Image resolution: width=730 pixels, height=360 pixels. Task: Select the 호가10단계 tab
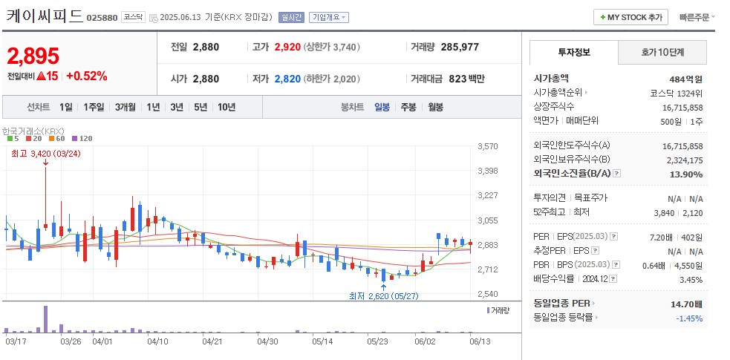click(x=662, y=53)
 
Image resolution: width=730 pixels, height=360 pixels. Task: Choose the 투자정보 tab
click(x=573, y=53)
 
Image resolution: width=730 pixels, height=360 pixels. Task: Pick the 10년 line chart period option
click(x=227, y=107)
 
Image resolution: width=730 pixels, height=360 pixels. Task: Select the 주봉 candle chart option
click(x=408, y=107)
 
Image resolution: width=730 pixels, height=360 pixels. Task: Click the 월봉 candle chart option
click(x=435, y=107)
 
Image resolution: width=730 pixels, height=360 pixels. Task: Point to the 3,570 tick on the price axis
click(x=488, y=146)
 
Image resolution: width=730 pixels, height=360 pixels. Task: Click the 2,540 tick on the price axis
click(x=488, y=294)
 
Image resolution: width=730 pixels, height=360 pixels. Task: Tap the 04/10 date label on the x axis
click(x=157, y=341)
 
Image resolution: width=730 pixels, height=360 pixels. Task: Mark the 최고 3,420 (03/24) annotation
click(x=45, y=154)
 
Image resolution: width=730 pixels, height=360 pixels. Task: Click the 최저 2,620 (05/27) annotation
click(x=384, y=296)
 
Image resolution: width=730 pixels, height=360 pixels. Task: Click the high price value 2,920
click(x=287, y=47)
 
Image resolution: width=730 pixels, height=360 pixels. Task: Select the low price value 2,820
click(x=287, y=79)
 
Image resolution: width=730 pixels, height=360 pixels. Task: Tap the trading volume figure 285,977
click(x=460, y=47)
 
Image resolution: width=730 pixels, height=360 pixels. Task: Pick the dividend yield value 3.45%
click(x=691, y=280)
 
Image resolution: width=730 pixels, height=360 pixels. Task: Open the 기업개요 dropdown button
click(x=329, y=17)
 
